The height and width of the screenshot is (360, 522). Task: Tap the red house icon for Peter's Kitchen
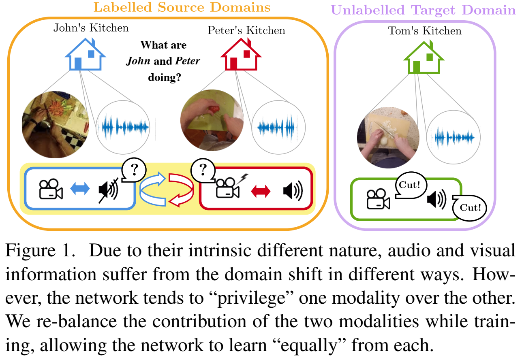241,56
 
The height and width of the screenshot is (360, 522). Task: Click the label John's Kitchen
91,28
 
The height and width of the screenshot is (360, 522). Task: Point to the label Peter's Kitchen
246,30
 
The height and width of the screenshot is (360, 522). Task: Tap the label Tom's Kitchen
425,31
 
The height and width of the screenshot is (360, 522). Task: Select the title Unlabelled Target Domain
423,9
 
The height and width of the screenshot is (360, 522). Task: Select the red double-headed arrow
260,191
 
